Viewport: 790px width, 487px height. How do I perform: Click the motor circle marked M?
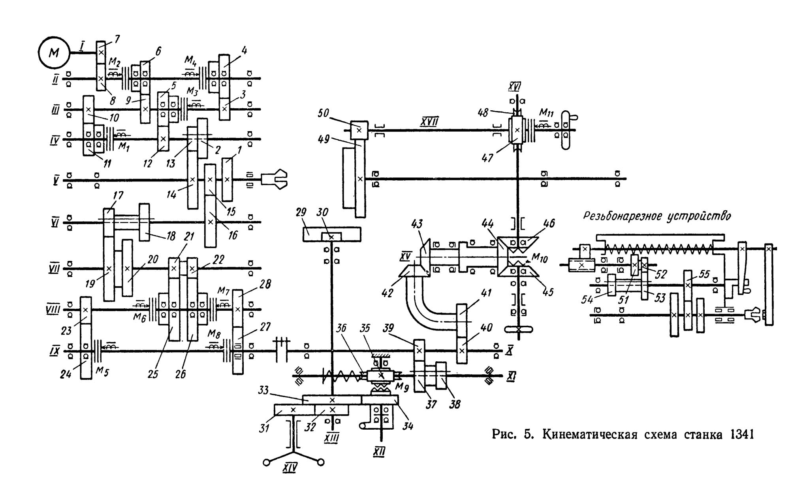[x=54, y=53]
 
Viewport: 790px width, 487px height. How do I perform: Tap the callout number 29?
[x=301, y=212]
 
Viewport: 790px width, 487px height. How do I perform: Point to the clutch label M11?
[x=546, y=113]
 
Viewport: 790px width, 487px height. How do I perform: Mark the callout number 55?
[x=704, y=274]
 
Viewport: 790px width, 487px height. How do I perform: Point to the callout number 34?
[x=408, y=426]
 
